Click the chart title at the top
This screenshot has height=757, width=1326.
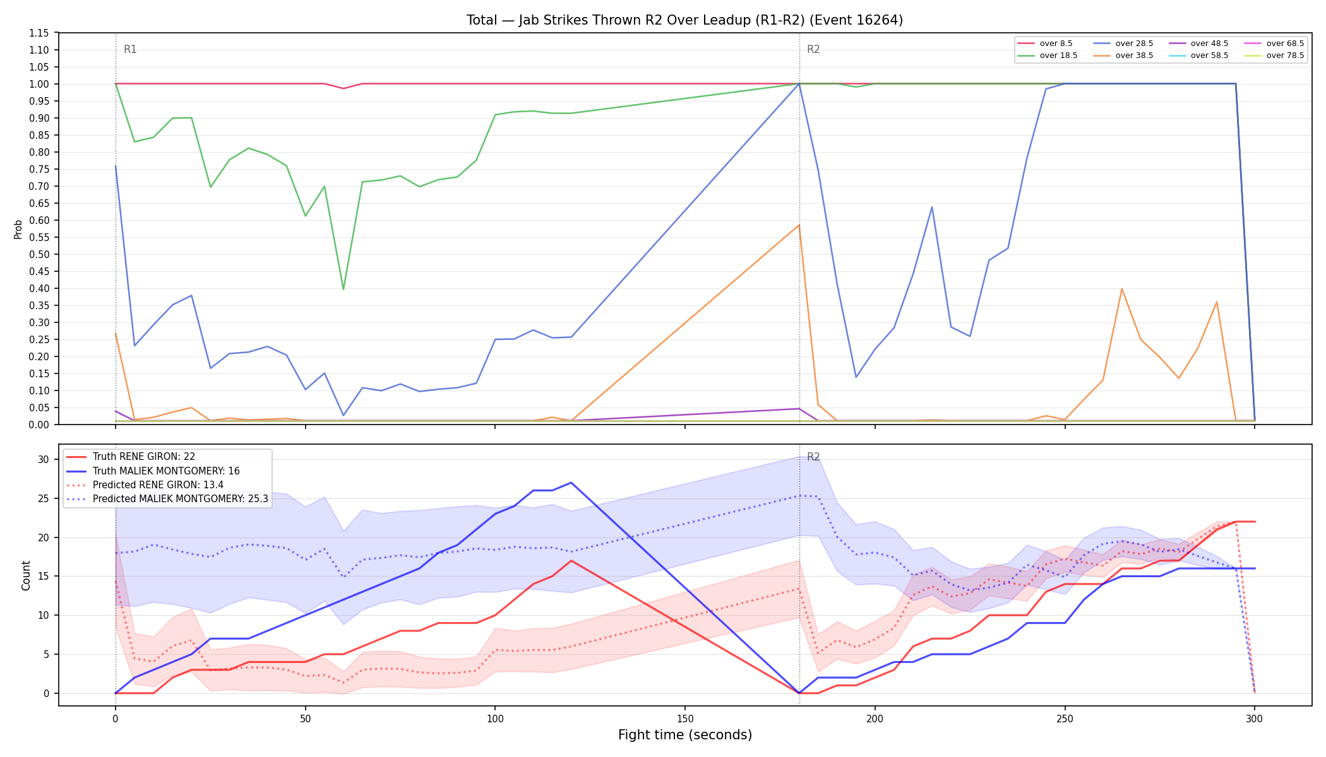coord(684,20)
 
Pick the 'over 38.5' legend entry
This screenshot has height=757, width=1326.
coord(1123,56)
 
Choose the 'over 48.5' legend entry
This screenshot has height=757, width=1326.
coord(1198,44)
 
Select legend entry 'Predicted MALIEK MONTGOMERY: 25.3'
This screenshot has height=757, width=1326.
coord(167,499)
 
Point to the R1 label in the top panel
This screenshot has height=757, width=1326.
coord(130,49)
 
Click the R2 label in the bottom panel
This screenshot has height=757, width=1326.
coord(813,457)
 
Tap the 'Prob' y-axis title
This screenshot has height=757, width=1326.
coord(18,229)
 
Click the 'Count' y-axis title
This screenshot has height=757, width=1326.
coord(26,575)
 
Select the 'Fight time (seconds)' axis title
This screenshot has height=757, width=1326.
coord(685,735)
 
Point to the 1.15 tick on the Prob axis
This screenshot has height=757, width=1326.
coord(40,33)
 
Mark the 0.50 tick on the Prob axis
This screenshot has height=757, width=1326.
coord(40,254)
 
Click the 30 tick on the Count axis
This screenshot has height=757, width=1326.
coord(43,459)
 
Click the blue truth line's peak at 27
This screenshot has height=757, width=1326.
coord(571,483)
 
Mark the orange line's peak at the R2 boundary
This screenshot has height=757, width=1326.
coord(799,225)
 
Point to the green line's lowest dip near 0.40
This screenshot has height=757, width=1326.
coord(343,289)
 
